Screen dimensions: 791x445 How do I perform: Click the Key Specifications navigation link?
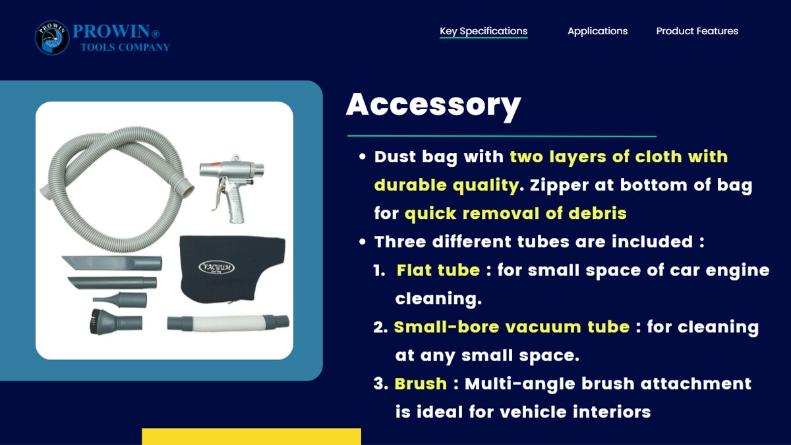click(x=483, y=31)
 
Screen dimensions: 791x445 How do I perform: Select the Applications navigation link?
click(x=597, y=31)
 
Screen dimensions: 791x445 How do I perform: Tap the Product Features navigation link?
click(x=697, y=31)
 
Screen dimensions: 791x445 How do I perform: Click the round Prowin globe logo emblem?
click(x=52, y=38)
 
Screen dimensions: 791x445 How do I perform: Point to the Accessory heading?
click(x=434, y=105)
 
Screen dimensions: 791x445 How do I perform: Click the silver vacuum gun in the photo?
click(x=231, y=187)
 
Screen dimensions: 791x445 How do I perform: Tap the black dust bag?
click(x=232, y=269)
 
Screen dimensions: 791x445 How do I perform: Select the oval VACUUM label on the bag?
click(x=216, y=268)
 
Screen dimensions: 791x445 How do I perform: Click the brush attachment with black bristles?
click(x=117, y=321)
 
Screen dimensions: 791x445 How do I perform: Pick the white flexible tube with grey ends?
click(x=228, y=323)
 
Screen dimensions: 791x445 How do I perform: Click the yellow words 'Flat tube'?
click(x=438, y=270)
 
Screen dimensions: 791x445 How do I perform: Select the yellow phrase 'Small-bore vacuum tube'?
click(x=512, y=327)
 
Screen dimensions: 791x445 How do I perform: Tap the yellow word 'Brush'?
click(x=421, y=384)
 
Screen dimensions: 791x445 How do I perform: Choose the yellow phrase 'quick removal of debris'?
click(x=515, y=214)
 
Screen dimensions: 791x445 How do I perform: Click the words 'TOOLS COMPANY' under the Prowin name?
click(x=125, y=47)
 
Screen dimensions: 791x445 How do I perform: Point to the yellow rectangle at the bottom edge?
click(x=251, y=436)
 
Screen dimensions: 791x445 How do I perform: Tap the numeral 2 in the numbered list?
click(x=380, y=328)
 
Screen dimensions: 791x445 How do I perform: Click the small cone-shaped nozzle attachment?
click(x=120, y=300)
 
